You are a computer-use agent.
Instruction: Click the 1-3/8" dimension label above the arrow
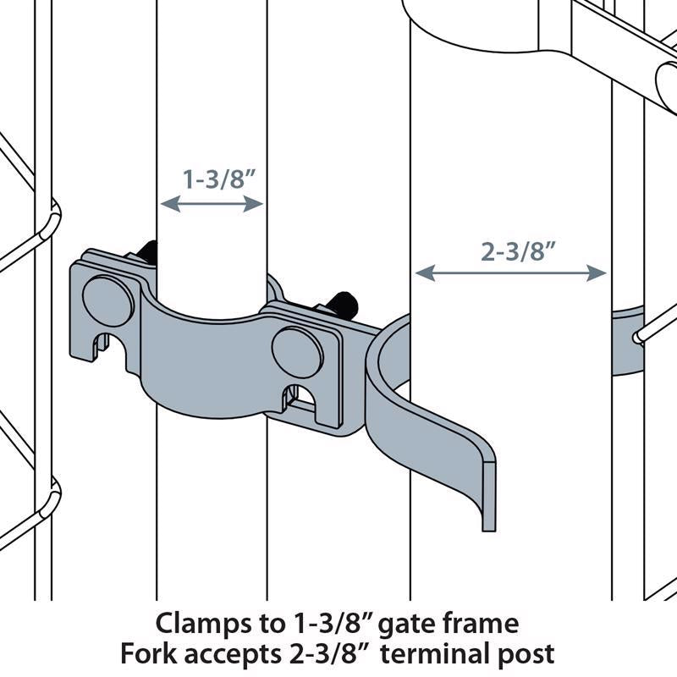[212, 179]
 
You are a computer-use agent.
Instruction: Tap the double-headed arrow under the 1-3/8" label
[212, 203]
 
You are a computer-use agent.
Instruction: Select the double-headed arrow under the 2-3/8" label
[510, 272]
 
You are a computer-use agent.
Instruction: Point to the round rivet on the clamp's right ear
[296, 348]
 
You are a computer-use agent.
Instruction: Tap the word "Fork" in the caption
[146, 653]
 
